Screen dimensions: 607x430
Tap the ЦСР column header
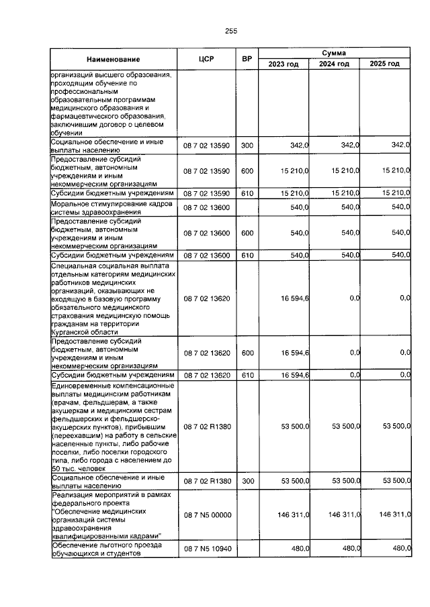(x=206, y=60)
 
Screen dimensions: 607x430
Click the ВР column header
(x=247, y=60)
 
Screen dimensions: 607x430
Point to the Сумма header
(x=333, y=52)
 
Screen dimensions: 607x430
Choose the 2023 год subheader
(x=284, y=64)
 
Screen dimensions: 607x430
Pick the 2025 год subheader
(x=385, y=64)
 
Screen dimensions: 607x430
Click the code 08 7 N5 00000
(x=206, y=514)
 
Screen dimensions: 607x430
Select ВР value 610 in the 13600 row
(x=247, y=255)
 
